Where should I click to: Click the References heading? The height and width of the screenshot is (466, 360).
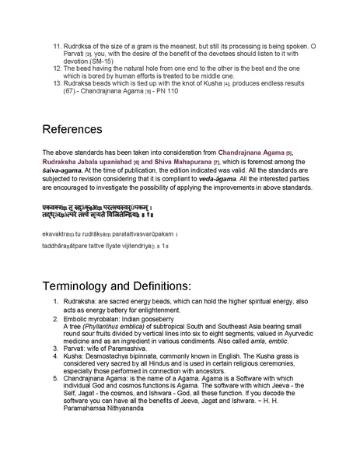[79, 128]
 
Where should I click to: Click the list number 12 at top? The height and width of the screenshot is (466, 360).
[57, 67]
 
